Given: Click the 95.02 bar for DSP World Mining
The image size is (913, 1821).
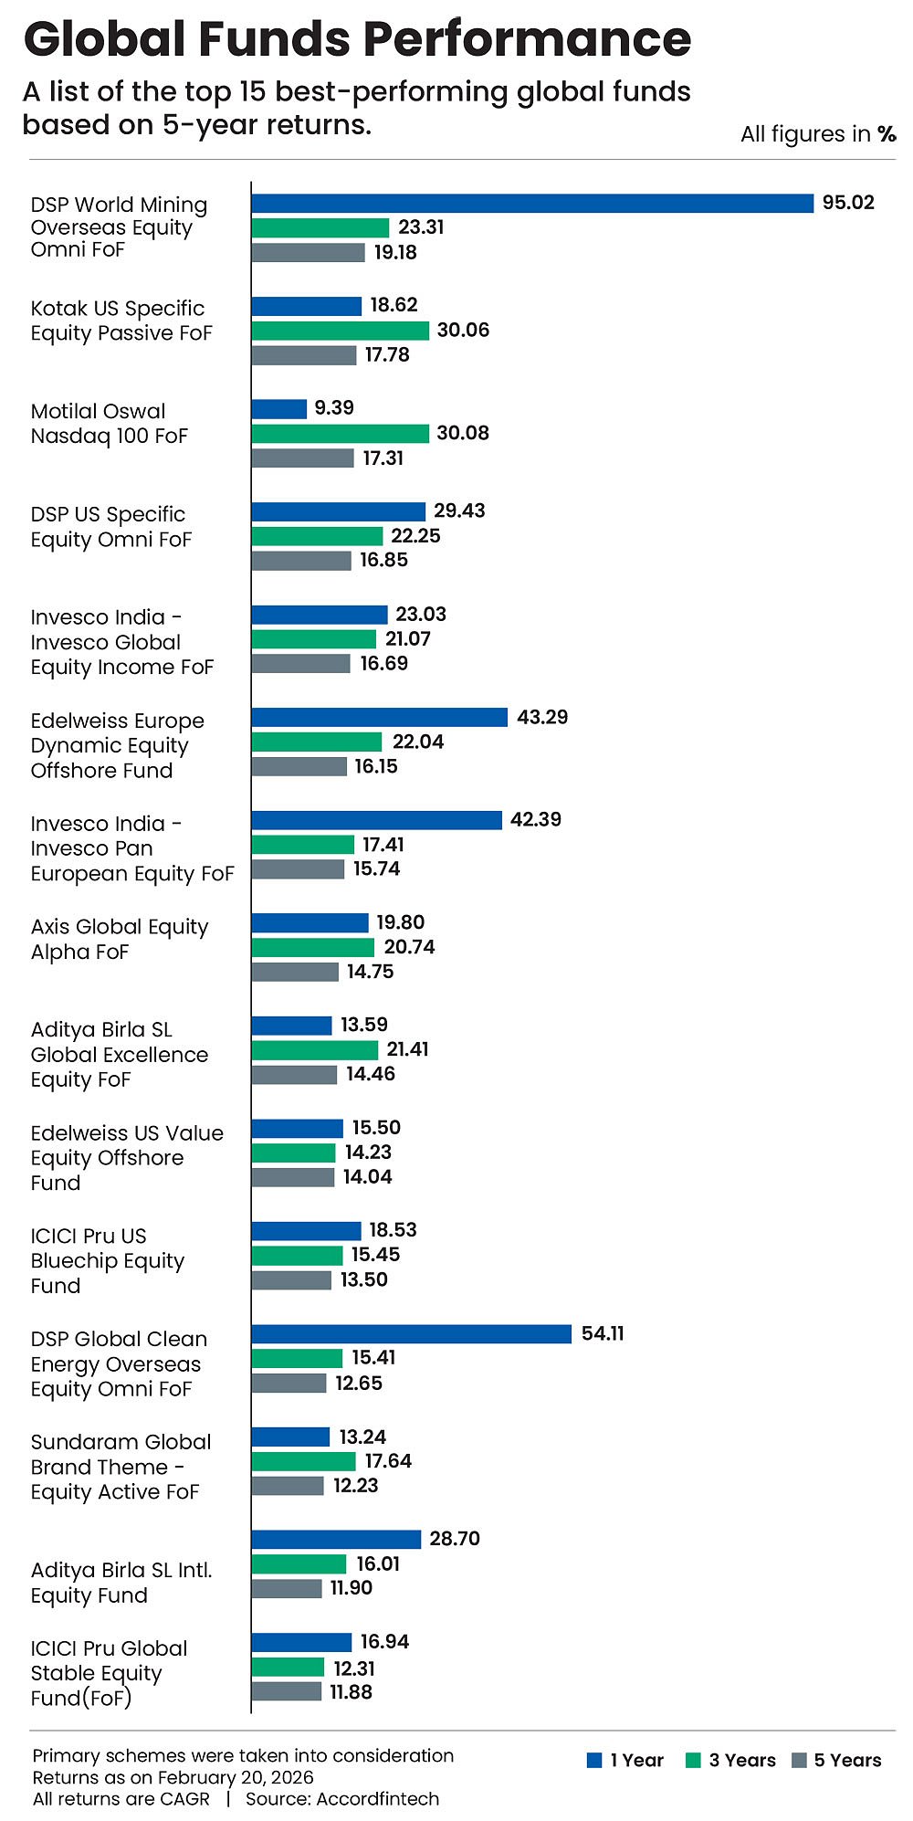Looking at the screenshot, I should pyautogui.click(x=532, y=203).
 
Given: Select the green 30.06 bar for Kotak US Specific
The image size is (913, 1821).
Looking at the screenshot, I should pyautogui.click(x=340, y=331).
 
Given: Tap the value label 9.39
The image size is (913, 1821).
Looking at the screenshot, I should pyautogui.click(x=334, y=408).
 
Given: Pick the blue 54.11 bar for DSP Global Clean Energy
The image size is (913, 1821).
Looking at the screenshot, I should pyautogui.click(x=412, y=1334).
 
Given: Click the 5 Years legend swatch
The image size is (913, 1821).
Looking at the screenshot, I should pyautogui.click(x=800, y=1761).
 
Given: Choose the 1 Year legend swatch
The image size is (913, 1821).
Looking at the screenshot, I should pyautogui.click(x=595, y=1761).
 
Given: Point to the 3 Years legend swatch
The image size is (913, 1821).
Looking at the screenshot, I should pyautogui.click(x=694, y=1761).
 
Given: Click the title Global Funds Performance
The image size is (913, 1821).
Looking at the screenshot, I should pyautogui.click(x=357, y=39).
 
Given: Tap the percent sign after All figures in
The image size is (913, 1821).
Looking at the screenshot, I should pyautogui.click(x=887, y=134).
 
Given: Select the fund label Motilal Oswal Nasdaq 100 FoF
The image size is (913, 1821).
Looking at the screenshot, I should pyautogui.click(x=109, y=424).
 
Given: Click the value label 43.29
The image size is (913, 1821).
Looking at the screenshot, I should pyautogui.click(x=542, y=717).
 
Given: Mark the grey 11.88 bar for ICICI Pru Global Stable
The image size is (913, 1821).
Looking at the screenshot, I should pyautogui.click(x=287, y=1692).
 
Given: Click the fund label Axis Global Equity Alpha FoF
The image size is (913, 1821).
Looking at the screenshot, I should pyautogui.click(x=119, y=939).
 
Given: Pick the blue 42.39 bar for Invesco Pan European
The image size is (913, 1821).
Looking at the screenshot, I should pyautogui.click(x=376, y=820).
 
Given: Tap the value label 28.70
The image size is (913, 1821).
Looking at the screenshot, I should pyautogui.click(x=455, y=1539).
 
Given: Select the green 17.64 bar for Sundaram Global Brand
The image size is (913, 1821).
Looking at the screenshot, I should pyautogui.click(x=303, y=1462).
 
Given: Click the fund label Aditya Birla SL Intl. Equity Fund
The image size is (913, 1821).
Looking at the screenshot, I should pyautogui.click(x=121, y=1583).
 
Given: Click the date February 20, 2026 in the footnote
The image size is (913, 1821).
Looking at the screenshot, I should pyautogui.click(x=236, y=1777).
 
